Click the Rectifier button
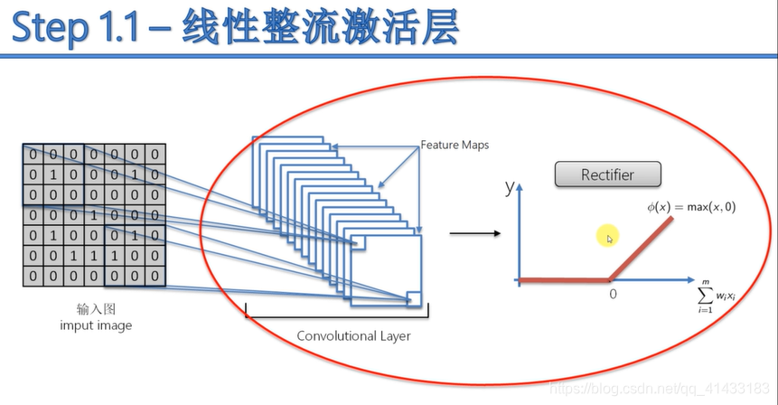pos(607,174)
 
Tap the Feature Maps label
pos(454,145)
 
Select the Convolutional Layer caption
pos(354,335)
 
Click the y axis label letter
pos(510,187)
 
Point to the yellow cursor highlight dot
pos(607,238)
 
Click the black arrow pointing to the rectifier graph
pos(474,234)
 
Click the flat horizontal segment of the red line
pos(565,280)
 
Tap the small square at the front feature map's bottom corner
pos(414,298)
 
